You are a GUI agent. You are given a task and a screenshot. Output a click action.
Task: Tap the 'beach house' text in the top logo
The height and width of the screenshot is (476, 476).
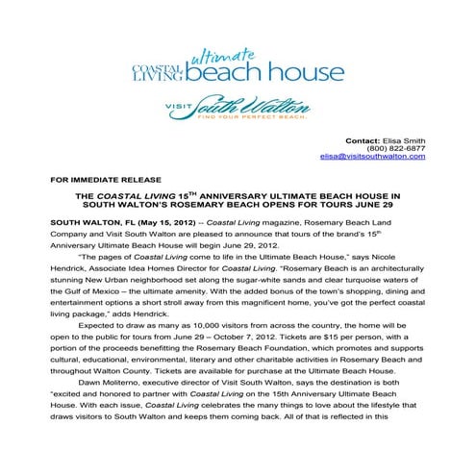pos(265,74)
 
